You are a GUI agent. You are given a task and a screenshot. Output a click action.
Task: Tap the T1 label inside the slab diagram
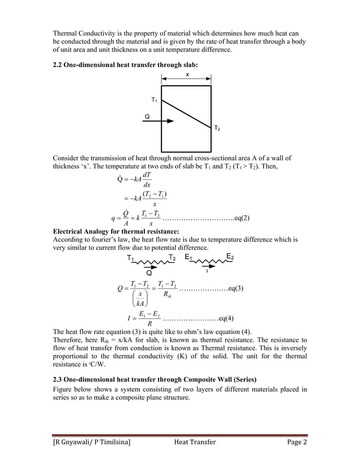click(155, 100)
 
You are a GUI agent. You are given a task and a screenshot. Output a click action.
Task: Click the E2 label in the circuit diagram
click(230, 257)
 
